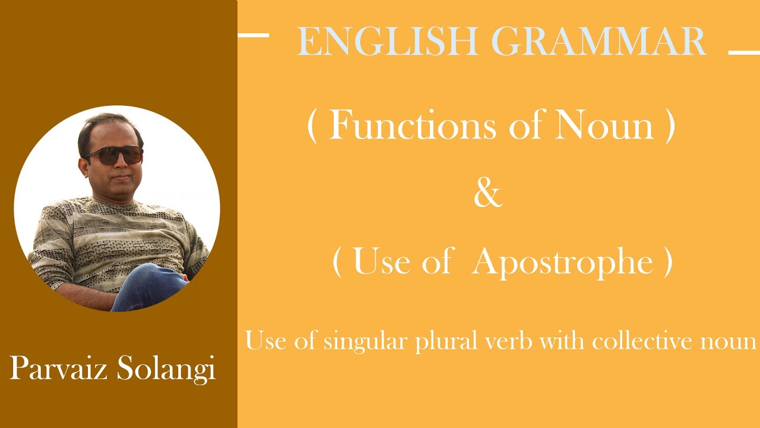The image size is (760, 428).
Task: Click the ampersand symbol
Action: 487,194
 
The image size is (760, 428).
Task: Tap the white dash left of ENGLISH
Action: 254,35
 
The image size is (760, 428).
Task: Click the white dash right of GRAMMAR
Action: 743,53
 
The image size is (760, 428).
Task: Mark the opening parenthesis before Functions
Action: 312,126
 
